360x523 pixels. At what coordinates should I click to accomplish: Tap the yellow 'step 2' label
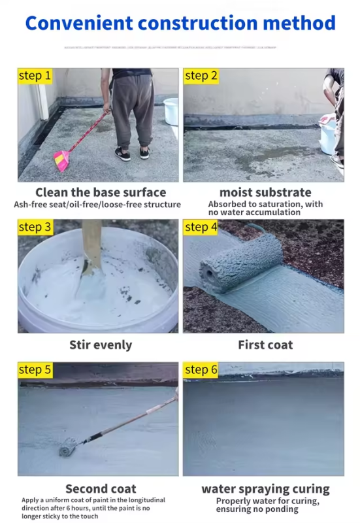click(201, 76)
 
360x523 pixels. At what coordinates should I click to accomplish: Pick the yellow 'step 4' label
click(201, 228)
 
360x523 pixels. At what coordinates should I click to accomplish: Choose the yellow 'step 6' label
click(201, 370)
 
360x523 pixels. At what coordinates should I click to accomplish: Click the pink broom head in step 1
click(62, 159)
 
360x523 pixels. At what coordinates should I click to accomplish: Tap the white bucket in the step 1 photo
click(171, 111)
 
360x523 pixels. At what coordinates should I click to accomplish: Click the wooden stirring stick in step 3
click(91, 245)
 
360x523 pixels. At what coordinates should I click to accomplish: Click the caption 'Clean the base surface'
click(101, 192)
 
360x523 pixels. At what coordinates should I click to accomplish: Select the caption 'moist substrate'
click(265, 192)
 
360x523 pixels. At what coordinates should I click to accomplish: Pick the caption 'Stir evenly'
click(101, 345)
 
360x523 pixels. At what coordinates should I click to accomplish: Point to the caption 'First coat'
click(265, 345)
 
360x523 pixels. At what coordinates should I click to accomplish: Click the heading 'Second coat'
click(101, 488)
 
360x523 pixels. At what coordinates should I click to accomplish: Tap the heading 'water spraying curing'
click(265, 488)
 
